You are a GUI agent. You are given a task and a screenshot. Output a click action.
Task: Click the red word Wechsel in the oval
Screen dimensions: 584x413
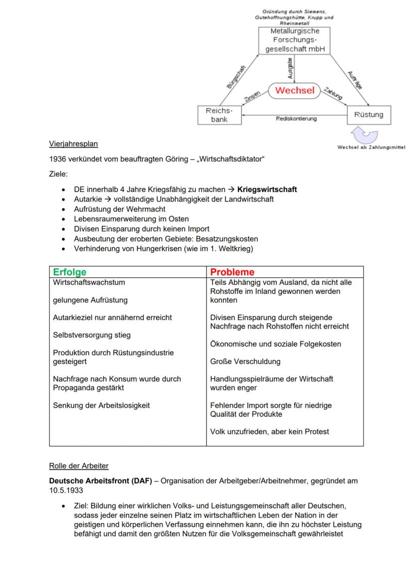[x=295, y=90]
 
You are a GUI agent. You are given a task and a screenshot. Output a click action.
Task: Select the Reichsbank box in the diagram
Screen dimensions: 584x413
[x=219, y=115]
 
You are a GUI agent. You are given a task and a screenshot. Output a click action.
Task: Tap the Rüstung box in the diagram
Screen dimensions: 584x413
[x=369, y=115]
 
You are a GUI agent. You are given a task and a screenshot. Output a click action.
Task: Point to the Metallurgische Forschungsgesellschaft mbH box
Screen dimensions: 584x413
[x=295, y=40]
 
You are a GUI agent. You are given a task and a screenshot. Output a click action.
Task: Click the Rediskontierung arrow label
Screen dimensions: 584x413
[x=296, y=119]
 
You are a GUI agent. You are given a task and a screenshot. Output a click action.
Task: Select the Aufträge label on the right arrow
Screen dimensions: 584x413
[x=354, y=79]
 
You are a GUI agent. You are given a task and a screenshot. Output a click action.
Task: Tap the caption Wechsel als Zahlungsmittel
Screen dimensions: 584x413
[x=371, y=148]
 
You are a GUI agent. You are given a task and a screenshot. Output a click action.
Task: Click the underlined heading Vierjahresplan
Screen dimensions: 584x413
[x=73, y=144]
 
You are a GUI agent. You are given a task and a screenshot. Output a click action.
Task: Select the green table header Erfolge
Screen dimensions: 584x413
[x=69, y=272]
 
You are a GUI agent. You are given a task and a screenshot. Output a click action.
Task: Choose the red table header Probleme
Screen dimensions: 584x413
[x=232, y=272]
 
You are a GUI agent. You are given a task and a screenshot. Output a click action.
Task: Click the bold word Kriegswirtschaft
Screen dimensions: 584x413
[x=267, y=190]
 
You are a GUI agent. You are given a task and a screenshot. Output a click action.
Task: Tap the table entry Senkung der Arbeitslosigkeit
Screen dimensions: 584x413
[x=101, y=405]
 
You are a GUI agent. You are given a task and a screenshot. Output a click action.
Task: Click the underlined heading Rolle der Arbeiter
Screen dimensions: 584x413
[x=79, y=466]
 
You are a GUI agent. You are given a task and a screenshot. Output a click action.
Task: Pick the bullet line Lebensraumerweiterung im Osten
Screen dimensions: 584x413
[x=131, y=219]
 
